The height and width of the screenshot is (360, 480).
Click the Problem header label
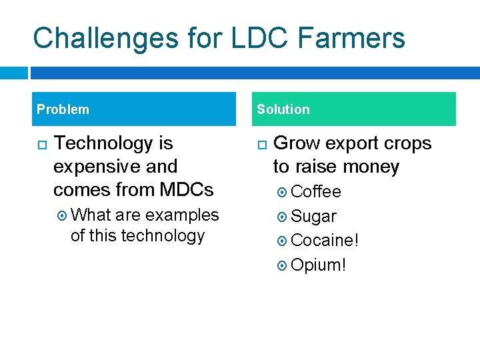coord(63,109)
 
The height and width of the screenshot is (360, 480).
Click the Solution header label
coord(283,109)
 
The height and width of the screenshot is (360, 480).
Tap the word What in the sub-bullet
coord(91,215)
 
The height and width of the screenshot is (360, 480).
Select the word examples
coord(182,215)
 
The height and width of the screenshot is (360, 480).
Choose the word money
coord(369,167)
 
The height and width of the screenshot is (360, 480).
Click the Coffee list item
coord(316,192)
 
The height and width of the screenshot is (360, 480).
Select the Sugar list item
coord(313,217)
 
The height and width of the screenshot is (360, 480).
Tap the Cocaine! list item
coord(325,241)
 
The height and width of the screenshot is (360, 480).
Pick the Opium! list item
coord(319,265)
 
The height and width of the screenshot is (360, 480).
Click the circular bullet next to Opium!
coord(282,265)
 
